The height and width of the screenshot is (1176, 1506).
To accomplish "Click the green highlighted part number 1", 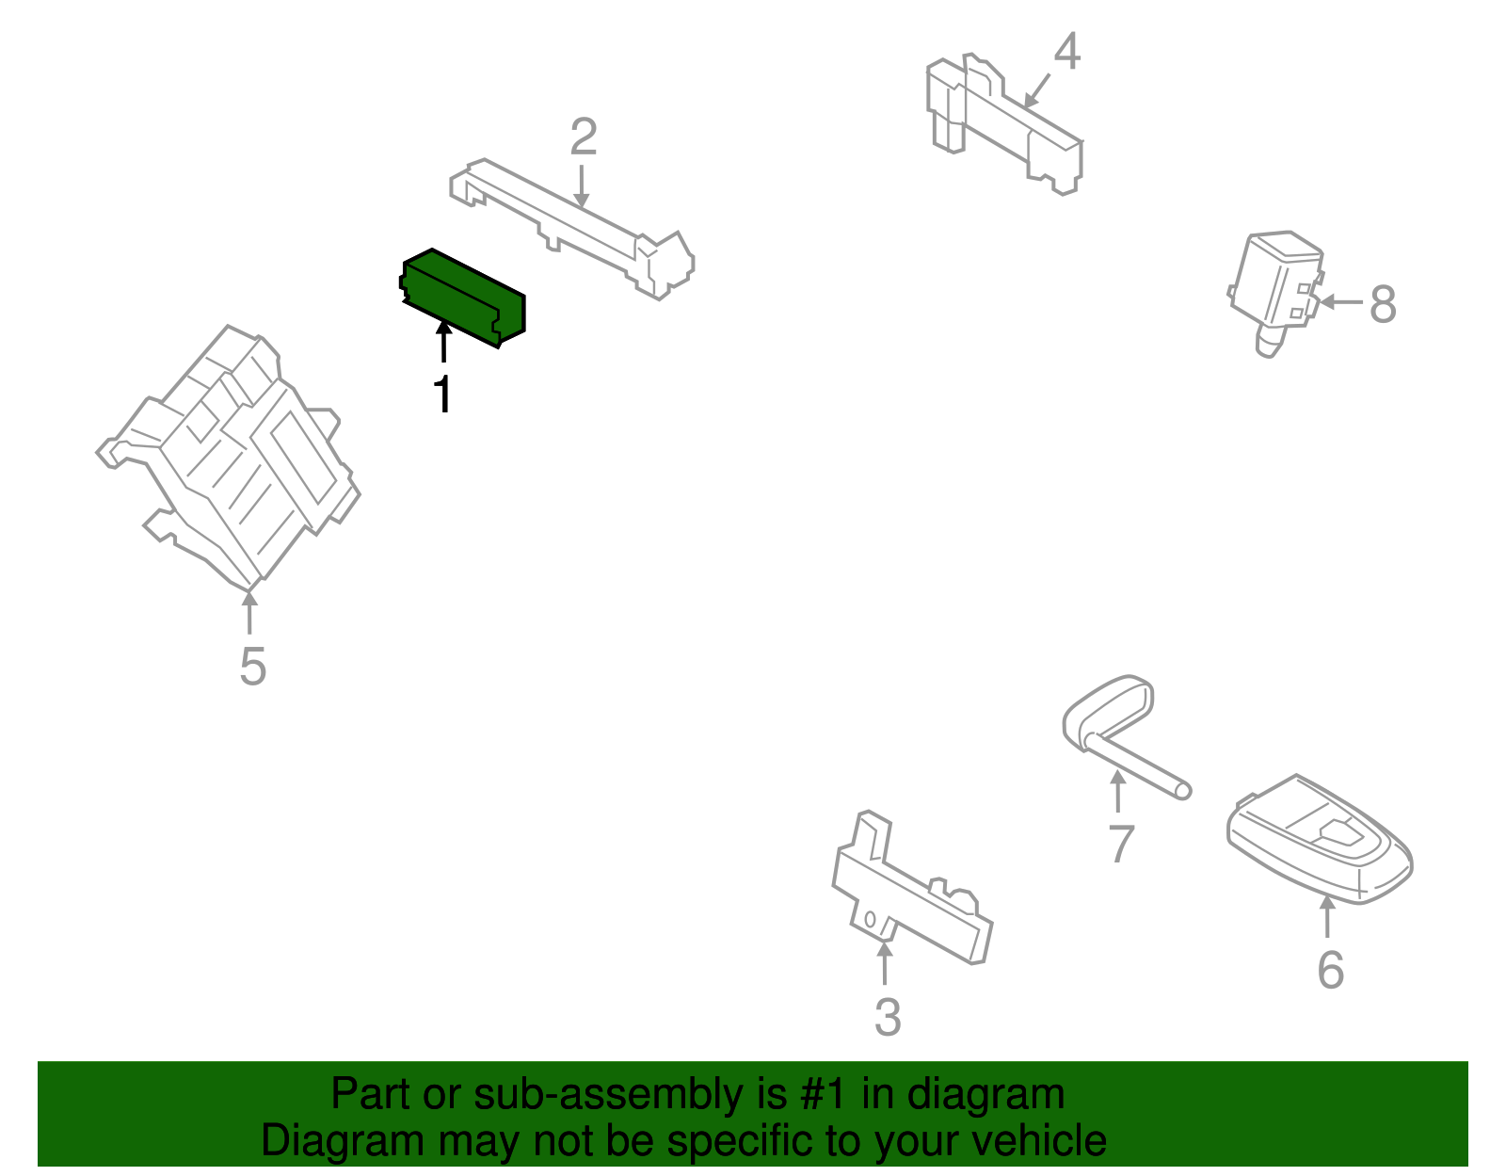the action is click(462, 298).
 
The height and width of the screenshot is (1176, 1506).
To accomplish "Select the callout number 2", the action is click(583, 137).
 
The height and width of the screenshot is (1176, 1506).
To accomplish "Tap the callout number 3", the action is click(887, 1018).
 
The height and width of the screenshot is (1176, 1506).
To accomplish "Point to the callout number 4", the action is click(1066, 51).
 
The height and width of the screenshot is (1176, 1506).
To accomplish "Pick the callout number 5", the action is click(252, 666).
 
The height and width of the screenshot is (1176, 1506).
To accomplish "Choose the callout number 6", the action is click(1330, 970).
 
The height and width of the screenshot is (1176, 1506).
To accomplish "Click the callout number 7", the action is click(1121, 844).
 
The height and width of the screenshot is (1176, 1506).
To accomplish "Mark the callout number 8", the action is click(1383, 303).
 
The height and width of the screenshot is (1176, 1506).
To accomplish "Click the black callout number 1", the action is click(443, 395).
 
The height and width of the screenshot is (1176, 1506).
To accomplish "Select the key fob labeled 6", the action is click(1319, 840).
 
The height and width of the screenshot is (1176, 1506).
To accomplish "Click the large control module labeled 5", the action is click(229, 458).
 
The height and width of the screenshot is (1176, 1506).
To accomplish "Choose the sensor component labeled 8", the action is click(1275, 291).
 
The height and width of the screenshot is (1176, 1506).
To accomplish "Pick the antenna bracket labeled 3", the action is click(912, 888).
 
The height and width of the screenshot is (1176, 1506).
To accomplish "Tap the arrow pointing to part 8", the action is click(1340, 302).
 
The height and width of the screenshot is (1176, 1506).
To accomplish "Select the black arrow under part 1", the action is click(443, 342).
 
